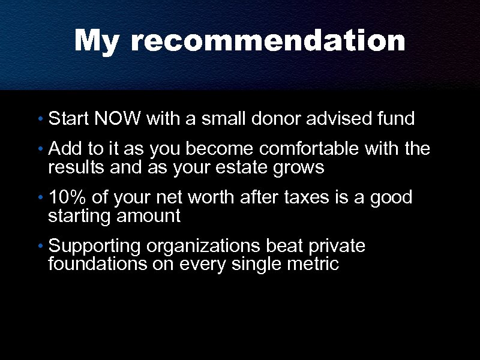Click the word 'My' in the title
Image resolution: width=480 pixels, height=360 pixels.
coord(96,42)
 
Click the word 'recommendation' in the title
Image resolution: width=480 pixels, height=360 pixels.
coord(268,42)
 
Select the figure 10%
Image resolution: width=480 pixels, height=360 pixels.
coord(67,197)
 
